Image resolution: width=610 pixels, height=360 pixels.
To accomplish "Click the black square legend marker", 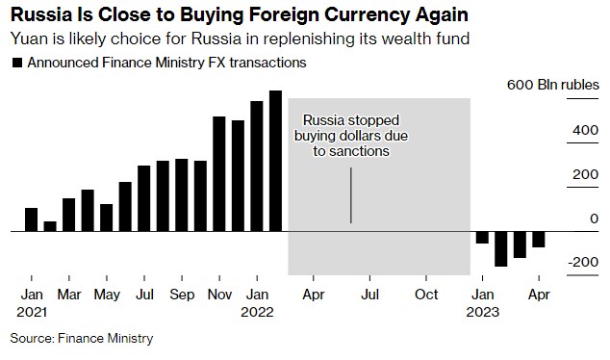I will pos(15,63).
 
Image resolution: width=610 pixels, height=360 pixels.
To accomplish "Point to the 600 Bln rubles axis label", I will pos(552,85).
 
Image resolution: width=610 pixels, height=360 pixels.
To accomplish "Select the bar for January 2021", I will pos(31,219).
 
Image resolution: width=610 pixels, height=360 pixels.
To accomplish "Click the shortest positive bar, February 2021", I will pos(50,226).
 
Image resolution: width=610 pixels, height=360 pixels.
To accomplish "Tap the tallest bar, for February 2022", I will pos(275,161).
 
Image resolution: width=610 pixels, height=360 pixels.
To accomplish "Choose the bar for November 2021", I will pos(219,174).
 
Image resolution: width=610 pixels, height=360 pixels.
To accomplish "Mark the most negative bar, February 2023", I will pos(501,249).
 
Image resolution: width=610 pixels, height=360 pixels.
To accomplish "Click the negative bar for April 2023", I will pos(539,240).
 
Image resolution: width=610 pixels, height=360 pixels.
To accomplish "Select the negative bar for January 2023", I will pos(482,238).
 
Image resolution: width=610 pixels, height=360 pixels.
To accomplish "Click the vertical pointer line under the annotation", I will pos(350,195).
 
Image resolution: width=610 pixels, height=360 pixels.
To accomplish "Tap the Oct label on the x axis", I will pos(426,295).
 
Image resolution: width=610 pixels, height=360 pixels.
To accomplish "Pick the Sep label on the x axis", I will pos(181,295).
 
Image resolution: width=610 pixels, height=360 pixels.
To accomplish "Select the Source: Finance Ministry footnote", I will pos(82,339).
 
